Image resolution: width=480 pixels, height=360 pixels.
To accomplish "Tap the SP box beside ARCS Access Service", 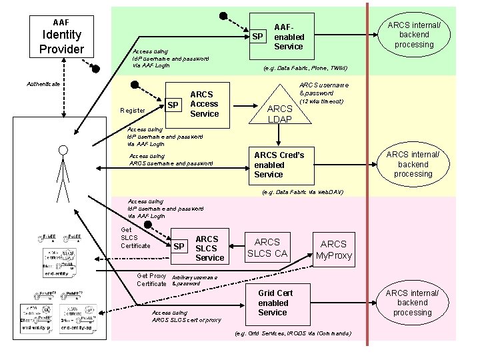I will point(173,105).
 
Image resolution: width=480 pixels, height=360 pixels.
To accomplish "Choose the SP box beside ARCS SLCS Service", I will point(179,247).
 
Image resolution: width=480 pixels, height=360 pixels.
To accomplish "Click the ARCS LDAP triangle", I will point(280,107).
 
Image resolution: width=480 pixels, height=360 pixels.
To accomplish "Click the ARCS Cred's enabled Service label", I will point(279,165).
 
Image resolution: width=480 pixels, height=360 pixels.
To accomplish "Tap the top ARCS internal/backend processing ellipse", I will point(413,35).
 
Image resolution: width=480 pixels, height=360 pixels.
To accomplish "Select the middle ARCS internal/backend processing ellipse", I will point(413,164).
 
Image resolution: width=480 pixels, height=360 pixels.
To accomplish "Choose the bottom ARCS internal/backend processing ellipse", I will point(413,303).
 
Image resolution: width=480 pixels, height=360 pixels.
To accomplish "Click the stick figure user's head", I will point(63,151).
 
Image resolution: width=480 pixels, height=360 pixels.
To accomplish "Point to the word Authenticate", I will point(43,84).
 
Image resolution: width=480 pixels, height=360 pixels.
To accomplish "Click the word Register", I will point(133,110).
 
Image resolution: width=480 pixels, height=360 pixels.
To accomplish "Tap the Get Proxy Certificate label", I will point(151,280).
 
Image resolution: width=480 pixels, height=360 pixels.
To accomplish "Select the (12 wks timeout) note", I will point(321,101).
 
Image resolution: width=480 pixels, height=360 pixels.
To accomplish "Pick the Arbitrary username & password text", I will point(195,280).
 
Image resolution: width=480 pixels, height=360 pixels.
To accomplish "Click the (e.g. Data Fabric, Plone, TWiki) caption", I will point(305,68).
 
